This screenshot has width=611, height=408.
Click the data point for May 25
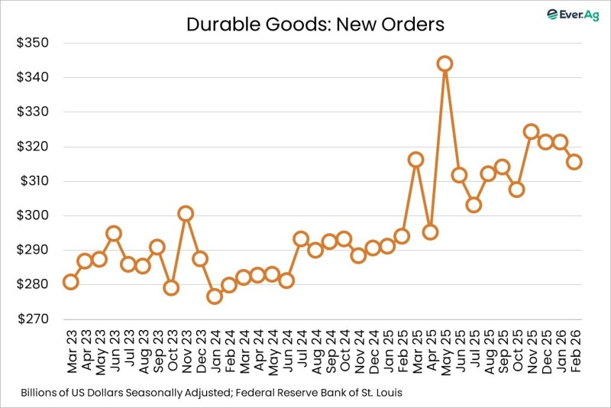point(445,63)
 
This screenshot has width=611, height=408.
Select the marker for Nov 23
point(185,213)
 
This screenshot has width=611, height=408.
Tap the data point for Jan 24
point(214,296)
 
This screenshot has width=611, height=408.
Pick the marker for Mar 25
point(415,160)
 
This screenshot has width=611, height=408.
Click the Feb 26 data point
point(574,161)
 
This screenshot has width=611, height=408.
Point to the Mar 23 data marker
point(70,282)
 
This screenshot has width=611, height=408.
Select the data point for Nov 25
point(531,131)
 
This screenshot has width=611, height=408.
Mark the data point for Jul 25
point(474,205)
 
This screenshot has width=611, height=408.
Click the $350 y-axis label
point(33,43)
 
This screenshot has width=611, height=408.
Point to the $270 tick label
point(33,319)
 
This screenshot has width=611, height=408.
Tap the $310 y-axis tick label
point(33,181)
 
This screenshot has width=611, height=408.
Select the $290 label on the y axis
point(33,250)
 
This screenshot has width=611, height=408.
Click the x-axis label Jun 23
point(113,351)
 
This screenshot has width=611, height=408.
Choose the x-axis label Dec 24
point(373,351)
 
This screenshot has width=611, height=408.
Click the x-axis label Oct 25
point(517,351)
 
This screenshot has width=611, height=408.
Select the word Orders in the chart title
point(415,24)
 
